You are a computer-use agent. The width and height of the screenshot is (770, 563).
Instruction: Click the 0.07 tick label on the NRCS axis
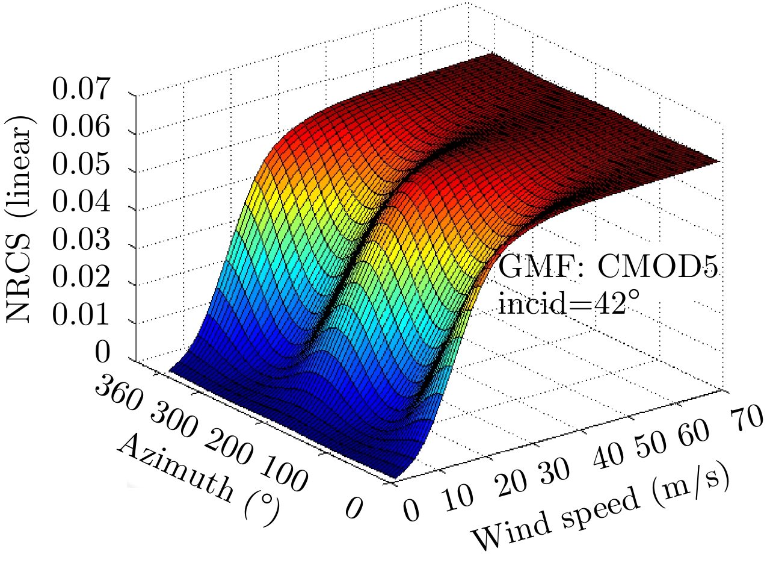coord(81,92)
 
